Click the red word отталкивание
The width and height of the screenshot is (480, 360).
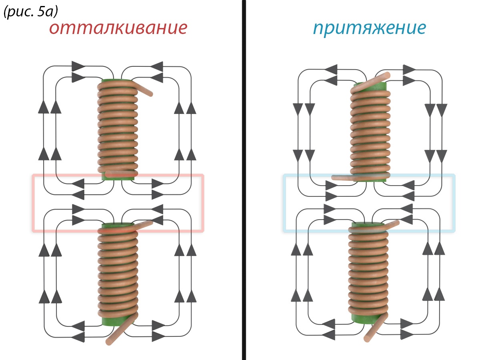tap(118, 29)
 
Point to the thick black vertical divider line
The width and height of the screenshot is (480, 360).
tap(244, 180)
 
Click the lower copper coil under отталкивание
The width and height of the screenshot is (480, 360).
tap(118, 272)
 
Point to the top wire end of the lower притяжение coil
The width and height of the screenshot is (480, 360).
tap(394, 223)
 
